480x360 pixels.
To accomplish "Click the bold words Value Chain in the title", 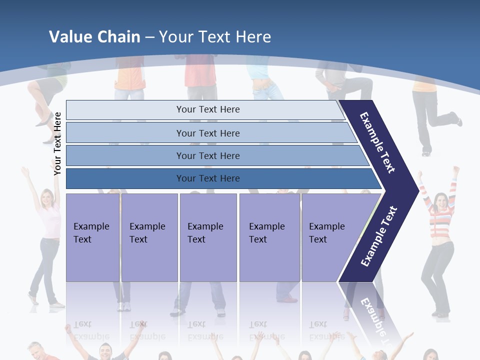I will click(94, 36).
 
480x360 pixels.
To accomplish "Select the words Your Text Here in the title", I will click(215, 36).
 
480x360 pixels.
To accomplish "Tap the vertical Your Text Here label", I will click(57, 143).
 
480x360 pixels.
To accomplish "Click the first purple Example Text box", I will click(92, 237).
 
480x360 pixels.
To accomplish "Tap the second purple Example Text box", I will click(149, 237).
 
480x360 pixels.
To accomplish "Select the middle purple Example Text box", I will click(208, 237).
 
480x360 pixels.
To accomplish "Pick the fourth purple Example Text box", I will click(269, 237).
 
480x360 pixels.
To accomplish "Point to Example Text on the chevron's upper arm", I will click(377, 142).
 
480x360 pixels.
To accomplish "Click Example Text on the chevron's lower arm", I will click(379, 236).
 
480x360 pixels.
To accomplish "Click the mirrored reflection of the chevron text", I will click(372, 315).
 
